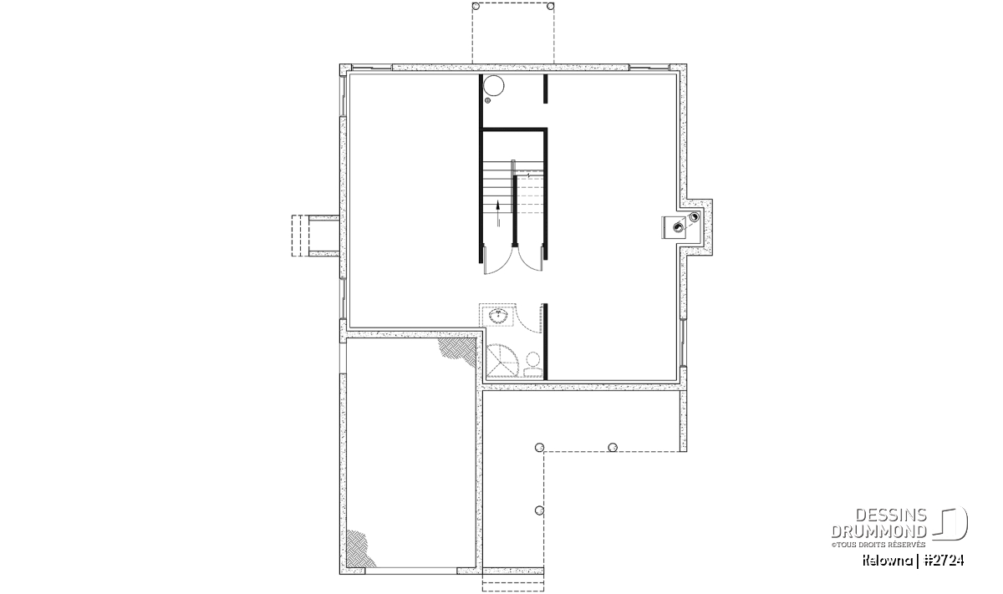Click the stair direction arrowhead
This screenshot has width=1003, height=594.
coord(498,206)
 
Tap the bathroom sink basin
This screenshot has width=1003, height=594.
coord(497,317)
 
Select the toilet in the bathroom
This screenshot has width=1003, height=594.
coord(533,366)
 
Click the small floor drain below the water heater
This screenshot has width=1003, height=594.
coord(487,101)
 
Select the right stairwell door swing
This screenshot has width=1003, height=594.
coord(531,261)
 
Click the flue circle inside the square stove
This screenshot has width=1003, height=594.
coord(679,228)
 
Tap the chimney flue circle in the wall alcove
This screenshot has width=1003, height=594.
coord(694,217)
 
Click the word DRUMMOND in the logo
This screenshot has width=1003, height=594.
coord(878,531)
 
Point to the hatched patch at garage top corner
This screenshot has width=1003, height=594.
coord(458,351)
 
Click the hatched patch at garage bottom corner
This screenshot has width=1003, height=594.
coord(359,549)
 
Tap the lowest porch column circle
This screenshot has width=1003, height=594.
coord(540,510)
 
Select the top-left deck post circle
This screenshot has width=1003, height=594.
coord(476,7)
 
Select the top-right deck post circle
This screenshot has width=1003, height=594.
coord(551,7)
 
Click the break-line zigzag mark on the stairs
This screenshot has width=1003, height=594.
coord(529,174)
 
